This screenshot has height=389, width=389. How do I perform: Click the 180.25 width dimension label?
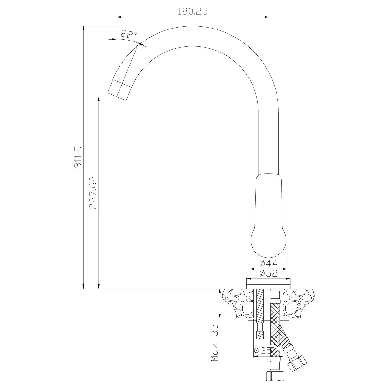click(x=193, y=11)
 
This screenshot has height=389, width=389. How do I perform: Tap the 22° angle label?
click(x=129, y=34)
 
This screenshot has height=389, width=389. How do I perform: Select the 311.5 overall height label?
click(x=78, y=157)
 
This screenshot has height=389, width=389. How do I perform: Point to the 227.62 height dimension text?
click(x=93, y=193)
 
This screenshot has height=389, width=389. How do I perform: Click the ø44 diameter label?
click(x=268, y=263)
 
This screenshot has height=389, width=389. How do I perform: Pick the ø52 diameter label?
click(x=268, y=273)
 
